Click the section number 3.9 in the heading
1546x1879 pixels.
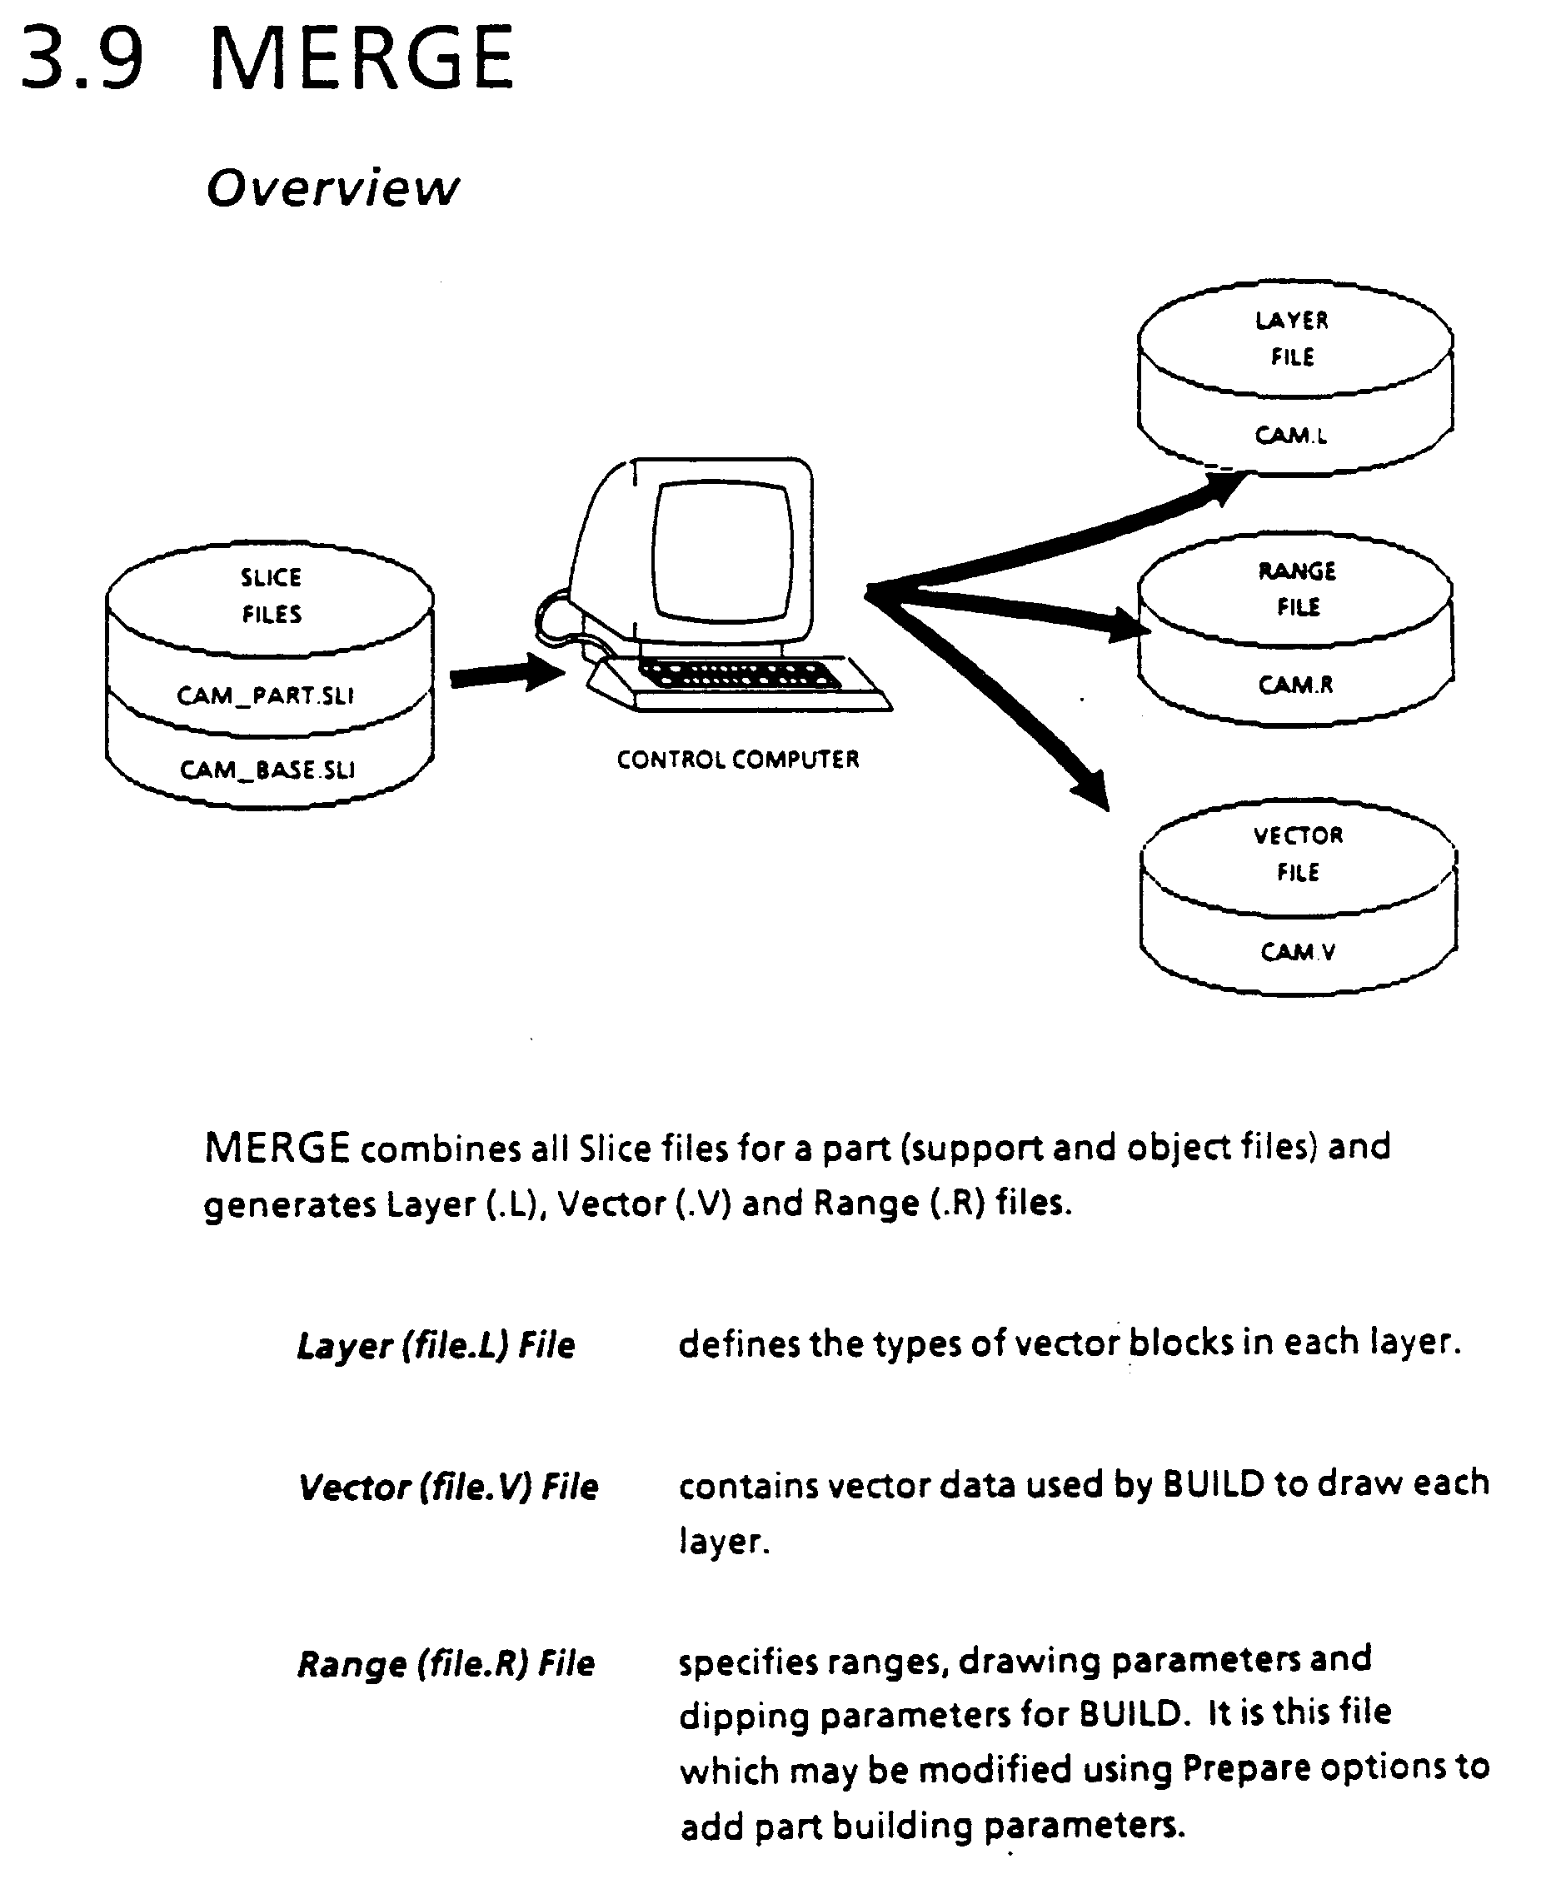tap(82, 60)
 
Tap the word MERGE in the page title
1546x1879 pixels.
tap(362, 60)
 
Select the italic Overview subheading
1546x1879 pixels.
tap(332, 188)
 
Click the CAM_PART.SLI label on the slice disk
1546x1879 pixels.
tap(266, 695)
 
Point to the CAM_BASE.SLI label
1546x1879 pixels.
tap(267, 770)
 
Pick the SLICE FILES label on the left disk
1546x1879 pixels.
tap(271, 596)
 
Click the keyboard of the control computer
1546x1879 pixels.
tap(739, 677)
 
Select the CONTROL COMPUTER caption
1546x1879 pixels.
tap(737, 760)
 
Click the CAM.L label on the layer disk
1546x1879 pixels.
tap(1290, 436)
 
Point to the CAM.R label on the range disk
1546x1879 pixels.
tap(1296, 685)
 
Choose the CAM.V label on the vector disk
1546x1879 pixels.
tap(1298, 952)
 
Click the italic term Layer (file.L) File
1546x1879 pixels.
tap(436, 1346)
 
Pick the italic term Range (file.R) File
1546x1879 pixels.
tap(446, 1664)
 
